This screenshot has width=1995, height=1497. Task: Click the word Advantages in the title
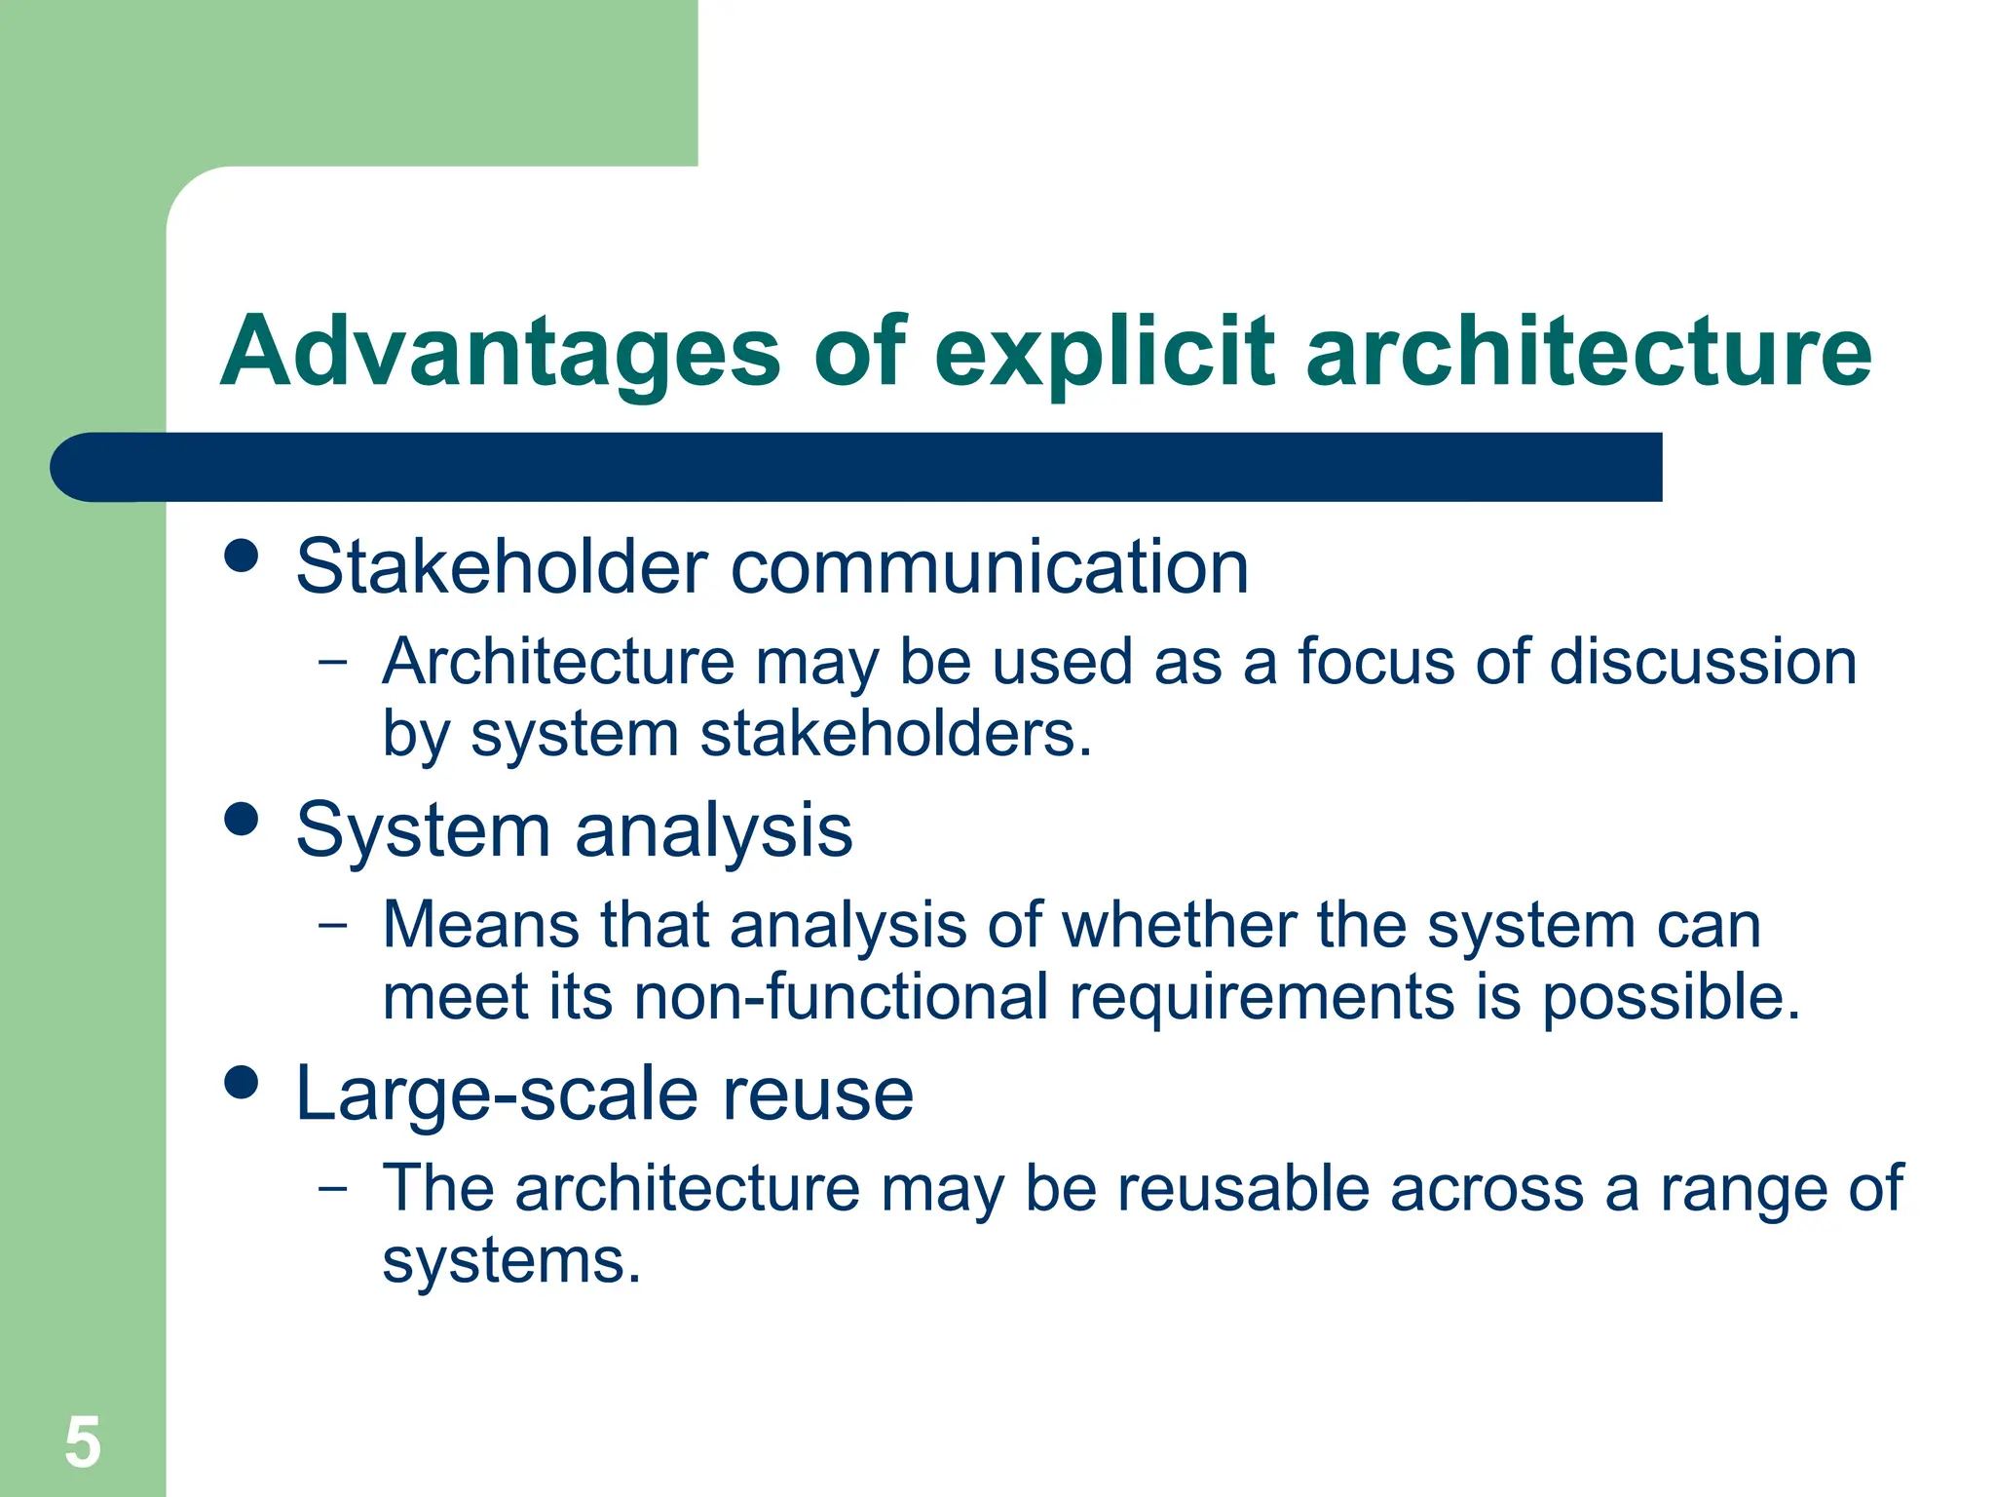click(500, 353)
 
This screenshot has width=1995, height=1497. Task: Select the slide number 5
click(83, 1442)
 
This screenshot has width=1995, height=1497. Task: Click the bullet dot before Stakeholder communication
click(241, 557)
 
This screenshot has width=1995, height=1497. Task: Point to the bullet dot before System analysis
click(241, 819)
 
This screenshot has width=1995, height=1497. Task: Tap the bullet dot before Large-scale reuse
click(241, 1082)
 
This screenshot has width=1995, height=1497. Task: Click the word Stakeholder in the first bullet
click(502, 566)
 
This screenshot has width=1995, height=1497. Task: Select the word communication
click(989, 568)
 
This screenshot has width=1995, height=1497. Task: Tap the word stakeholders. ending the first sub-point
click(896, 734)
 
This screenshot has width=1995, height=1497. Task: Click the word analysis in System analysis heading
click(713, 831)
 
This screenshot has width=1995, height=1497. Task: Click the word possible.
click(1671, 999)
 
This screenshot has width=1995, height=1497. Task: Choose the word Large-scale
click(497, 1094)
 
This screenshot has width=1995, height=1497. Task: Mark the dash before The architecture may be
click(332, 1188)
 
